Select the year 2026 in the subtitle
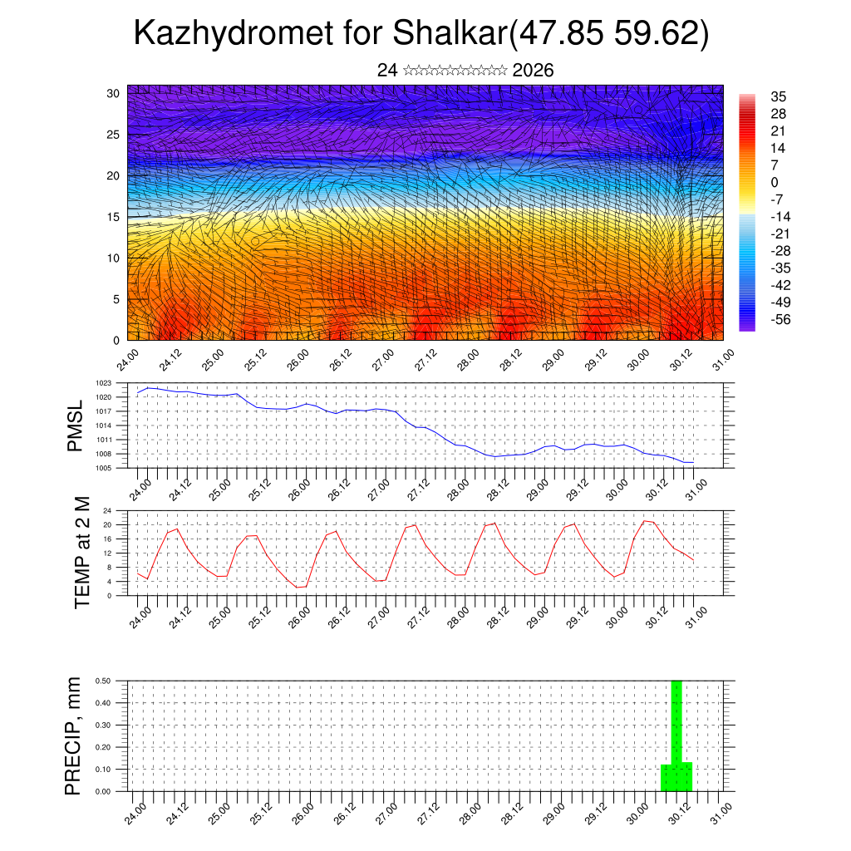(x=534, y=71)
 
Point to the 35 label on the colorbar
(x=779, y=96)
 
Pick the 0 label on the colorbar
(x=775, y=182)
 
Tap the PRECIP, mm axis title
(x=74, y=735)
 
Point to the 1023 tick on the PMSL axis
(x=104, y=383)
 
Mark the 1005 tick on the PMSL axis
(x=104, y=468)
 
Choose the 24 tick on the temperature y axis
(x=107, y=510)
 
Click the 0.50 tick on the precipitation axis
(x=103, y=681)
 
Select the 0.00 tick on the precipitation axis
(x=103, y=792)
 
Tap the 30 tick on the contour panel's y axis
(x=113, y=93)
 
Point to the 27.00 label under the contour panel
(x=383, y=363)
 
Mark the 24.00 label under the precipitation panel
(x=138, y=812)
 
